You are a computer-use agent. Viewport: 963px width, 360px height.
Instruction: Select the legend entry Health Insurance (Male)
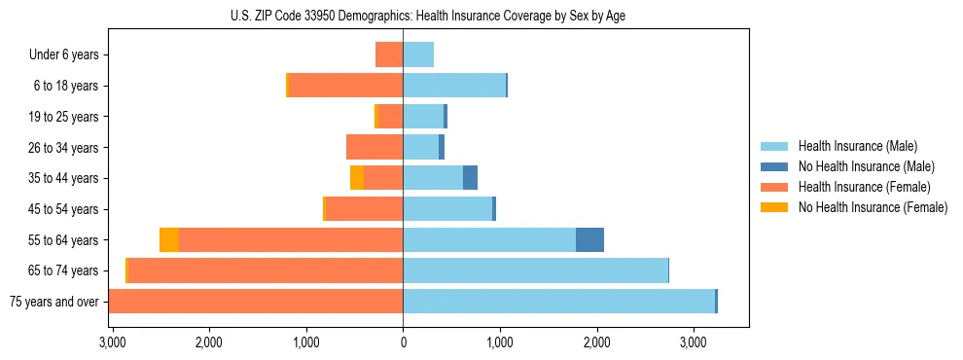(853, 146)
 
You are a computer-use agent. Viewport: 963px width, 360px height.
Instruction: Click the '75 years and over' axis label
(53, 302)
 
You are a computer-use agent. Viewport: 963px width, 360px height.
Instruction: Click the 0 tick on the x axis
(403, 342)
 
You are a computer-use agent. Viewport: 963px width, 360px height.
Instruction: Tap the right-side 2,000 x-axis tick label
(596, 342)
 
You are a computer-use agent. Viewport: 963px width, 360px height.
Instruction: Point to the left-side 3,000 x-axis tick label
(113, 342)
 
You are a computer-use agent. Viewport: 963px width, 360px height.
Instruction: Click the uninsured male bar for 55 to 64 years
(589, 239)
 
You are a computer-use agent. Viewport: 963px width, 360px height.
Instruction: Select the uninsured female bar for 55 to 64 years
(169, 239)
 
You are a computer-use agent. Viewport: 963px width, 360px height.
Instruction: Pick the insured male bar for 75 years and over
(558, 302)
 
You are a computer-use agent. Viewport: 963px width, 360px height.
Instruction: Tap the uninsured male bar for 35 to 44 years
(470, 178)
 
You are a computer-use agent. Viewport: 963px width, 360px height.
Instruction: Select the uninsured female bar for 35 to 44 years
(357, 178)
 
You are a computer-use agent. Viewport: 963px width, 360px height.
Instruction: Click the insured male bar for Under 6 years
(418, 55)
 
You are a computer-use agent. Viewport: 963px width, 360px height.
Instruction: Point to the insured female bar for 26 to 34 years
(374, 147)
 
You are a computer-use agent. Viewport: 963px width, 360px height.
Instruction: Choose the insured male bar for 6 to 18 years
(454, 86)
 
